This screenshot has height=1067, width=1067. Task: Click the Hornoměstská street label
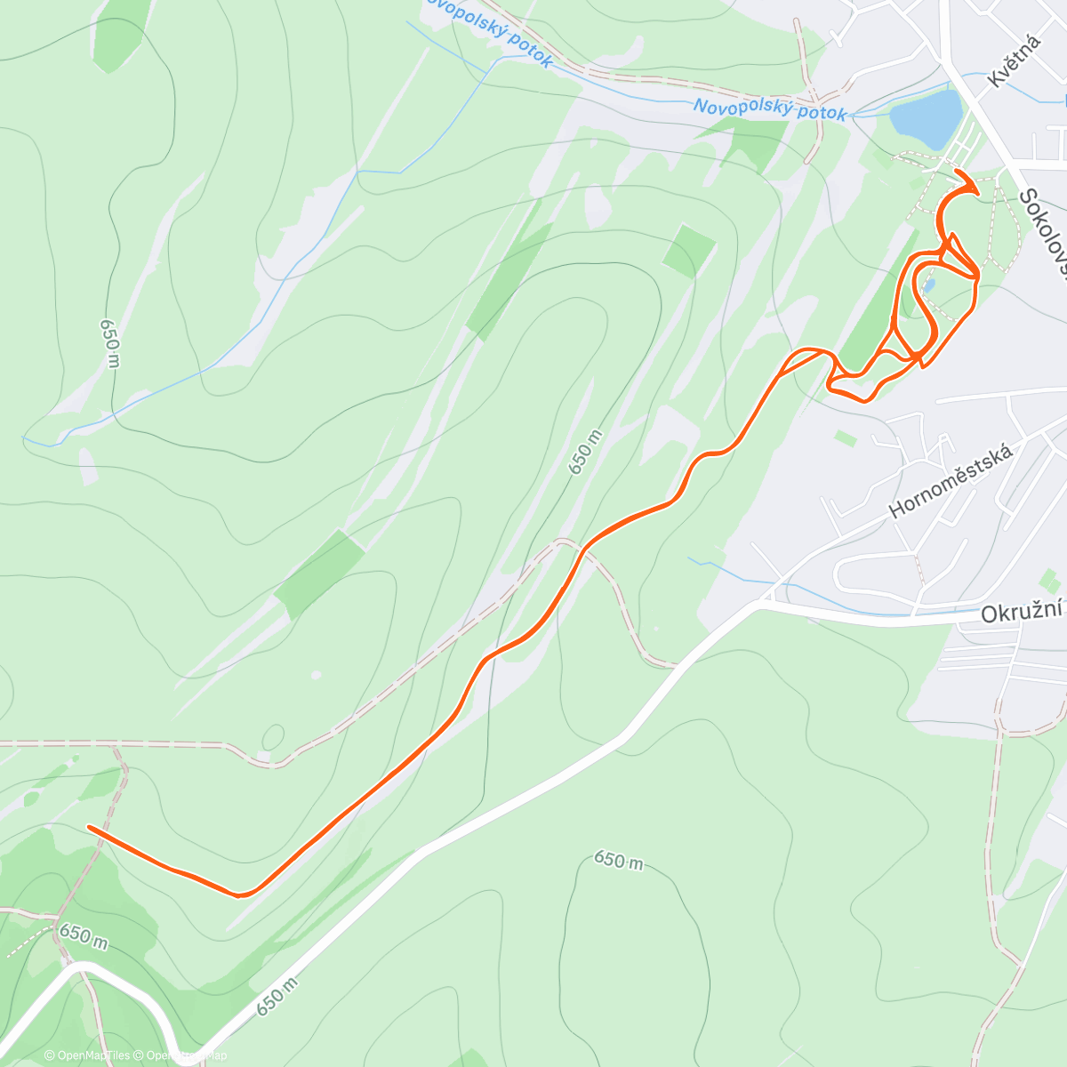951,481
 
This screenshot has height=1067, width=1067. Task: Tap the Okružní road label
1023,614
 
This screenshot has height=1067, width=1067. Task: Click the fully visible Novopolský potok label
770,109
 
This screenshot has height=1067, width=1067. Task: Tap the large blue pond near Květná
927,119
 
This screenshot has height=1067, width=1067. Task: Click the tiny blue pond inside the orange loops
929,285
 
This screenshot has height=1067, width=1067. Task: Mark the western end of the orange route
89,827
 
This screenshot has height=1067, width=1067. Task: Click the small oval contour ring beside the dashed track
273,738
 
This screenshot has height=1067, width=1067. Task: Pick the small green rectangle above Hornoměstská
846,437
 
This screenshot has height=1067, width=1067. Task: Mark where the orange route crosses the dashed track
582,550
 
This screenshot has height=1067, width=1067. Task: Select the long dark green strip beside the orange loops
876,307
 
